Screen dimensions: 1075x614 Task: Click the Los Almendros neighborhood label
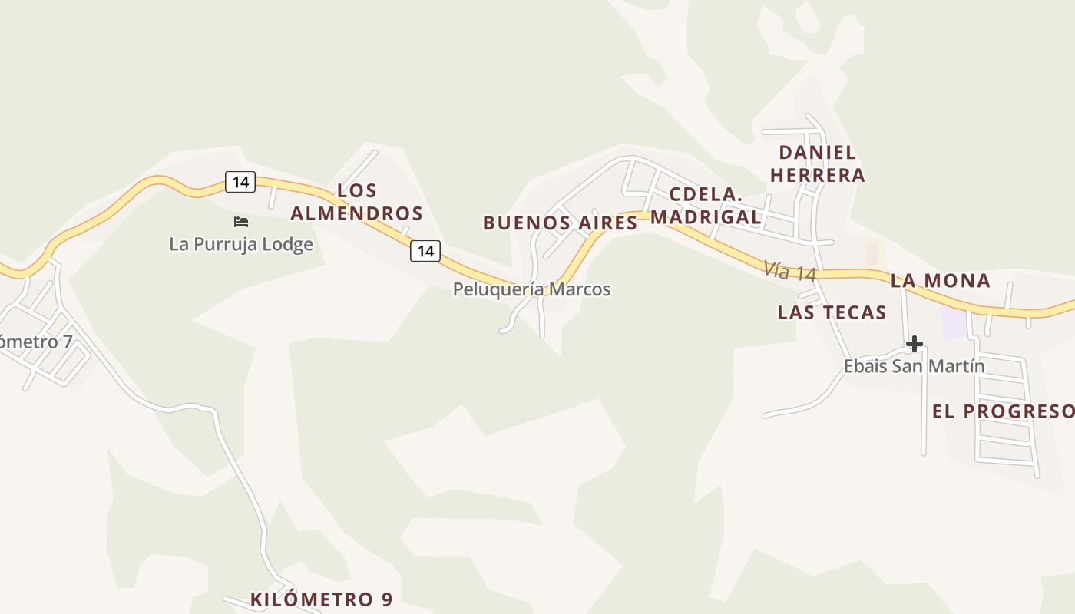[356, 202]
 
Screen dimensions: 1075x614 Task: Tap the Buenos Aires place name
[560, 223]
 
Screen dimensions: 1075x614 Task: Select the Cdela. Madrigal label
[706, 206]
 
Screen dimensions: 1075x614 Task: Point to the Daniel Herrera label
[817, 163]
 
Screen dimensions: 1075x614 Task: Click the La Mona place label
[940, 281]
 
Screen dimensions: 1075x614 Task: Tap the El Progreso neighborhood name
[1003, 412]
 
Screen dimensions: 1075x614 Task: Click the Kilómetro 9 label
[321, 599]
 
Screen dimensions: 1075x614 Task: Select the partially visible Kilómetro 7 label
[35, 342]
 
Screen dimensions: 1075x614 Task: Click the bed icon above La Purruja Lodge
[241, 222]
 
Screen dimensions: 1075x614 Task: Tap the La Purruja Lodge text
[241, 244]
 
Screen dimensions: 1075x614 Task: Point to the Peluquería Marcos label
[531, 289]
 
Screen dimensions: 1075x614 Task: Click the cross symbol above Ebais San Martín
[914, 343]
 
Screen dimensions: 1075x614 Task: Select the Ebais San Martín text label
[914, 366]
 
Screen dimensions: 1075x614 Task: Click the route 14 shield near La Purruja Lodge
[240, 182]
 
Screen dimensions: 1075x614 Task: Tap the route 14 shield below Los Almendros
[425, 250]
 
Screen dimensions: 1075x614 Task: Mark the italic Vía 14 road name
[789, 272]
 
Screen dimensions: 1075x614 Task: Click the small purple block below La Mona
[954, 322]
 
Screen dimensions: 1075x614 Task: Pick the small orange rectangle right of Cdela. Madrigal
[872, 253]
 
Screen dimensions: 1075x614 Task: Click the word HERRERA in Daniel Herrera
[817, 176]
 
